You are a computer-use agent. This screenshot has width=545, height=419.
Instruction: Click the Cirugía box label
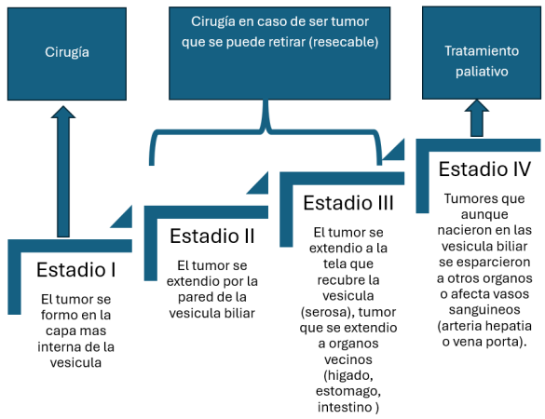[67, 52]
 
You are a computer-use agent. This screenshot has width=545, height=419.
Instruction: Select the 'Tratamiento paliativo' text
[482, 61]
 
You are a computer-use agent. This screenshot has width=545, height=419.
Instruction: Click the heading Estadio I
[76, 270]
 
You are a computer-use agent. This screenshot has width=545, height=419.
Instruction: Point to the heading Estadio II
[212, 237]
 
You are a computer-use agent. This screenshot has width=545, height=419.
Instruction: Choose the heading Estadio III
[348, 203]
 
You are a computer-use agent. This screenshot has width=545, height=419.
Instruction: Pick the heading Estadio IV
[484, 169]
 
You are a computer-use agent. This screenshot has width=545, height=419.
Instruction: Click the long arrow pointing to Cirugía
[63, 171]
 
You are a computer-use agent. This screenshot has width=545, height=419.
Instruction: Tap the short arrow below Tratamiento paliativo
[477, 118]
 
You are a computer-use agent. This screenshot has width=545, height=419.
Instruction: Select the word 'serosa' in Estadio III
[326, 312]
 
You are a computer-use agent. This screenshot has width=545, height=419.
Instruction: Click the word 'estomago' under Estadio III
[348, 392]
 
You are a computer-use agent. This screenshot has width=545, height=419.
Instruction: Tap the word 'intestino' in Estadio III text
[345, 407]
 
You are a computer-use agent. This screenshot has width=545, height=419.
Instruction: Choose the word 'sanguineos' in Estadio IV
[484, 310]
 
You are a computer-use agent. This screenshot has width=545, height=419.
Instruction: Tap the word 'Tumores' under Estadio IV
[467, 198]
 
